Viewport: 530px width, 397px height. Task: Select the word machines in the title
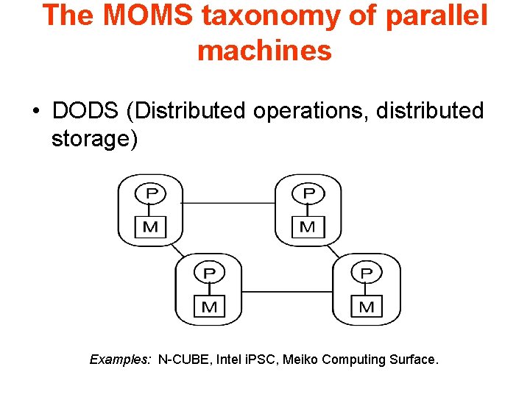coord(264,51)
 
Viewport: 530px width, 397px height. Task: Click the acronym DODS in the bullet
coord(86,111)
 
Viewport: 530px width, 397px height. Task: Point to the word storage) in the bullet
coord(94,138)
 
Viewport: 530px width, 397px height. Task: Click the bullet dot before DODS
coord(35,112)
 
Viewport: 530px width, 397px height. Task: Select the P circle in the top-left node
coord(151,193)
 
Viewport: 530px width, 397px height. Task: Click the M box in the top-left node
coord(151,226)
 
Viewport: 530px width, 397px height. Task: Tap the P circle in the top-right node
coord(308,193)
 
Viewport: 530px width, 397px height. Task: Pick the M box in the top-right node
coord(308,226)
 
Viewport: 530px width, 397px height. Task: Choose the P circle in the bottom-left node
coord(209,273)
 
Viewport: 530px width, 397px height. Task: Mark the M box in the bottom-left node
coord(209,306)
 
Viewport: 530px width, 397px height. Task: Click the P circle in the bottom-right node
coord(367,273)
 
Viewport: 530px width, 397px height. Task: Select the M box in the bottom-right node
coord(367,306)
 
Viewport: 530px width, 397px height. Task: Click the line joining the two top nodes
coord(229,203)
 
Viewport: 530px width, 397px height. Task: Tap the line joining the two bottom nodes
coord(288,292)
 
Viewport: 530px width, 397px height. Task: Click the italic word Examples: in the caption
coord(121,360)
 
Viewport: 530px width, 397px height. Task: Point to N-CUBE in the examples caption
coord(185,360)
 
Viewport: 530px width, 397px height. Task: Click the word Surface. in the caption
coord(415,360)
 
